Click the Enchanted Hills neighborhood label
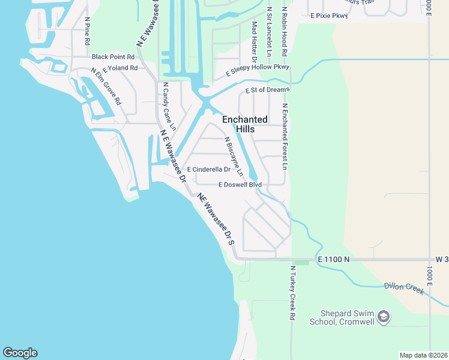coord(245,124)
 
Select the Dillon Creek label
coord(405,289)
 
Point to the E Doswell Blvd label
coord(240,184)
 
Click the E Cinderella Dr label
coord(208,170)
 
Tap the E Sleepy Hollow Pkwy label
coord(258,70)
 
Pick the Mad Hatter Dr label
coord(255,41)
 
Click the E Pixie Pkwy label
coord(329,16)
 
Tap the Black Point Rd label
coord(113,56)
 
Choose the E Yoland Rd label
coord(120,68)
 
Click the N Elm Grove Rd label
coord(106,86)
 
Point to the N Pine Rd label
coord(87,32)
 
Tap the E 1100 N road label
coord(333,259)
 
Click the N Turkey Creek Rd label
coord(292,292)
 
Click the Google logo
coord(20,353)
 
